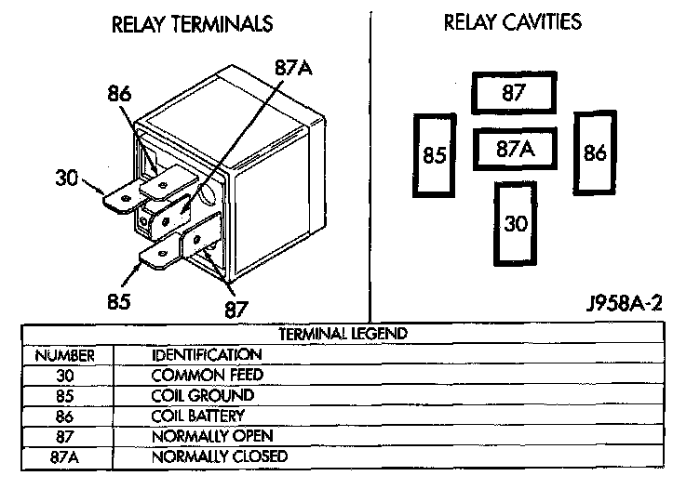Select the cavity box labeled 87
(x=513, y=93)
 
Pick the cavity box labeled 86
(x=595, y=153)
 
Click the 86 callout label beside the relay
(x=119, y=94)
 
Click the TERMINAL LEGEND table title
(x=343, y=333)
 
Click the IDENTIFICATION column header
(x=207, y=354)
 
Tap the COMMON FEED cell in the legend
(x=208, y=375)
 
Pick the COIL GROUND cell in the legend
(x=203, y=395)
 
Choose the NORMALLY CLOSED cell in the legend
(x=220, y=456)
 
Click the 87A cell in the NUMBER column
(x=64, y=456)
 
